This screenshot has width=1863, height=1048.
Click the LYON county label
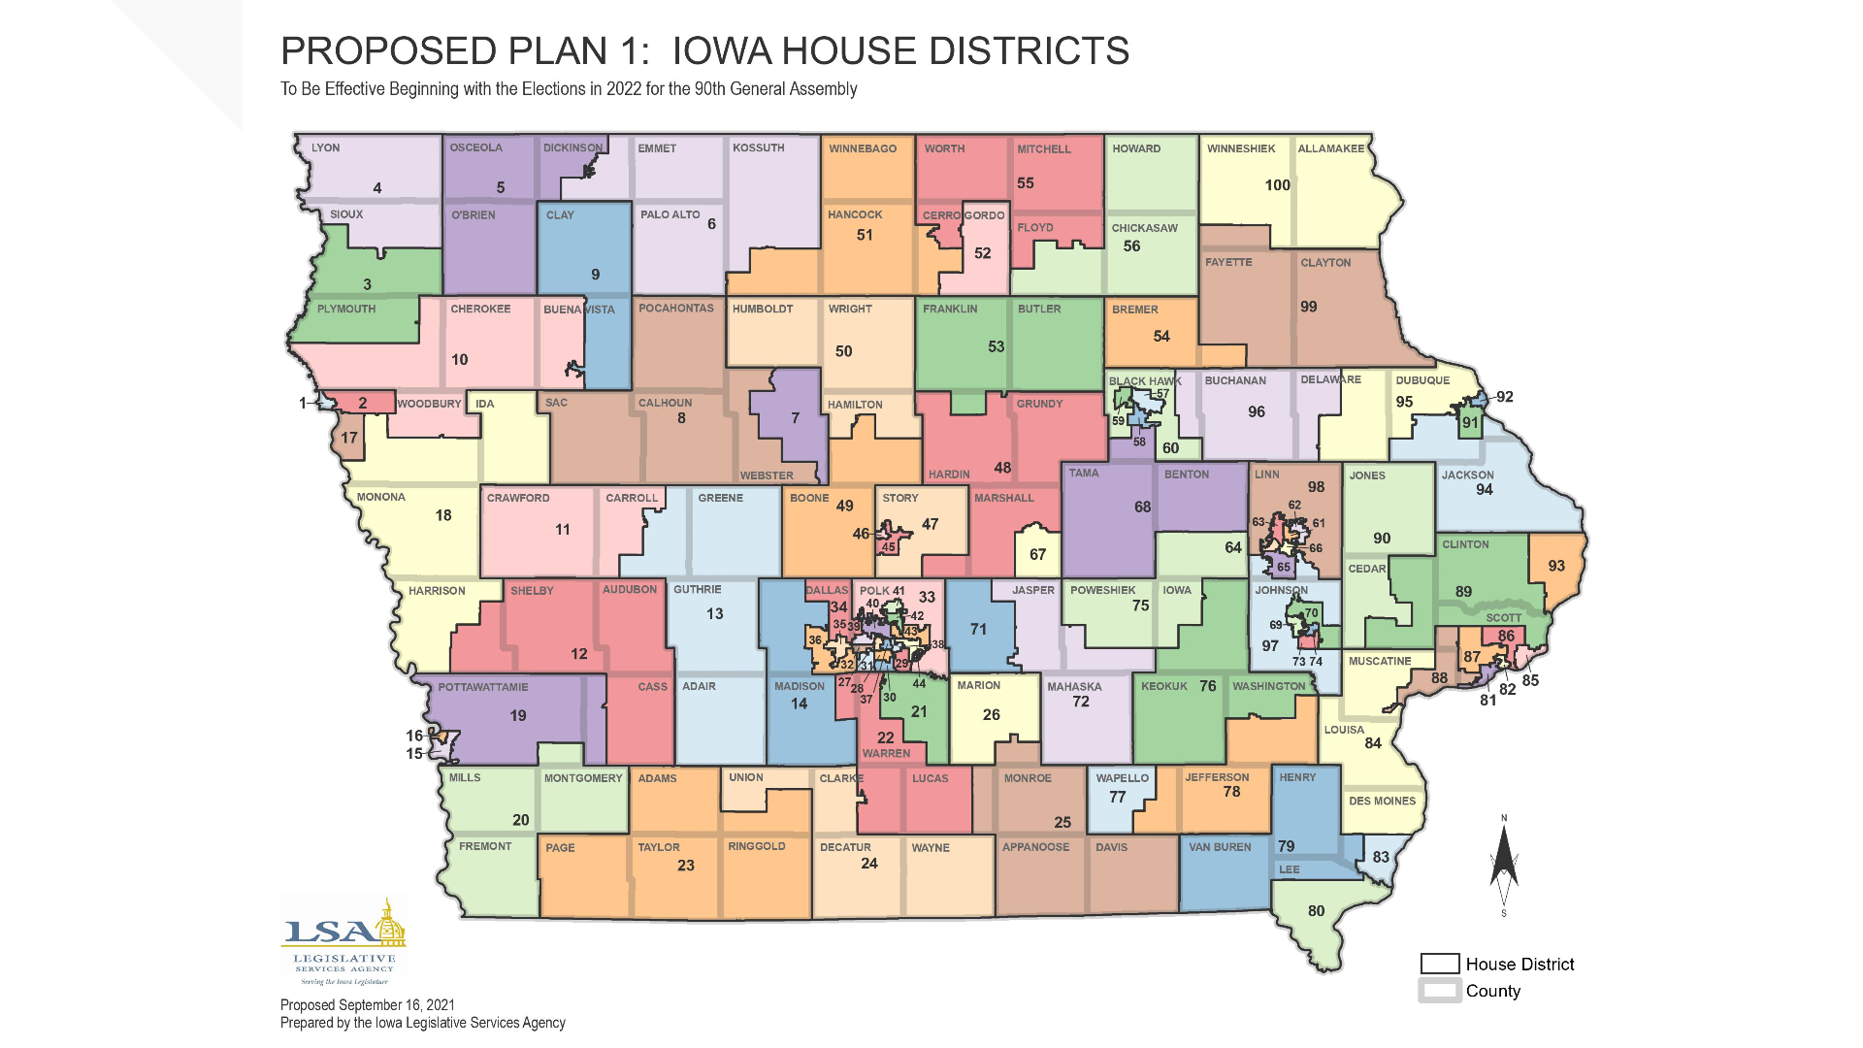coord(325,148)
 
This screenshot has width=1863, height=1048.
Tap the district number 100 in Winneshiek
coord(1277,185)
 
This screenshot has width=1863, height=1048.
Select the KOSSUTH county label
coord(758,148)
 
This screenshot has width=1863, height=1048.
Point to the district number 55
coord(1025,183)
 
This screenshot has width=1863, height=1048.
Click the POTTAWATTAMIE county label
coord(482,687)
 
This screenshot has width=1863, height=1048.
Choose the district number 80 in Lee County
coord(1316,911)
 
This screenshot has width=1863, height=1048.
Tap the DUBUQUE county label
coord(1422,380)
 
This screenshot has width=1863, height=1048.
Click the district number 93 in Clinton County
coord(1556,566)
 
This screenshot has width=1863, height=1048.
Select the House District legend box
coord(1440,964)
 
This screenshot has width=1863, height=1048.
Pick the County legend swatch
coord(1440,991)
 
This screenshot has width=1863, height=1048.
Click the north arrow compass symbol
coord(1504,864)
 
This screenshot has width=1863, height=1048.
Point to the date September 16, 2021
coord(396,1005)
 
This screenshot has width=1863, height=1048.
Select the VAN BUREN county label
coord(1220,847)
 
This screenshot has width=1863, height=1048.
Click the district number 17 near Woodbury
coord(348,438)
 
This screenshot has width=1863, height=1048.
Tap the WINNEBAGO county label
coord(862,148)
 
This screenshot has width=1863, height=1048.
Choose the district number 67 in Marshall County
coord(1037,555)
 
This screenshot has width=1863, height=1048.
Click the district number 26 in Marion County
coord(991,715)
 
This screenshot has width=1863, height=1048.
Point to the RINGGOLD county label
coord(756,846)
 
